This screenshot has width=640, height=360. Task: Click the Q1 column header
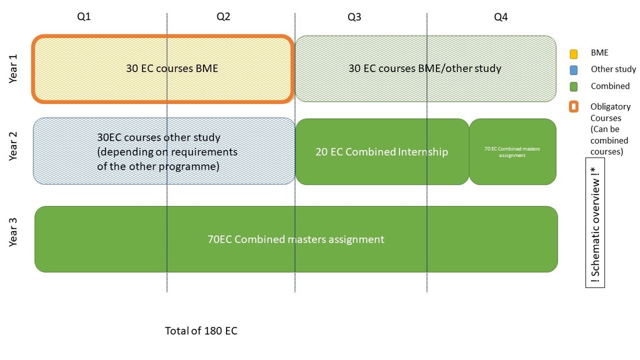pos(84,16)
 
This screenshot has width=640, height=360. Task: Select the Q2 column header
pos(223,16)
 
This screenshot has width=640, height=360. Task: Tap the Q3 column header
pos(354,17)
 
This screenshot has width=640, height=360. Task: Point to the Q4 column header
pos(501,17)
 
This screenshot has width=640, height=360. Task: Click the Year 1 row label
pos(13,69)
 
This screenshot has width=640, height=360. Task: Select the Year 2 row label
pos(13,146)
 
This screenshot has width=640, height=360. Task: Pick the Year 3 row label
pos(13,232)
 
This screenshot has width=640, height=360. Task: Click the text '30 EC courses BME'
pos(172,68)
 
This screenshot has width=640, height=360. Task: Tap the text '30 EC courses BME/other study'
pos(424,68)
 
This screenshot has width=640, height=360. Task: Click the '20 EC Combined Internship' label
pos(382,152)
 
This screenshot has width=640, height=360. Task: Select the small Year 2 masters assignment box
pos(513,152)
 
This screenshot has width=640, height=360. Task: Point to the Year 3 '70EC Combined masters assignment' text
pos(296,239)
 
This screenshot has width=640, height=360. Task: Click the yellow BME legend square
pos(574,54)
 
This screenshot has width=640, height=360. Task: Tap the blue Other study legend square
pos(574,70)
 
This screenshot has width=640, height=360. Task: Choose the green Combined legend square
pos(574,87)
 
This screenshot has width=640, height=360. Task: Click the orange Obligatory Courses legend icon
pos(574,107)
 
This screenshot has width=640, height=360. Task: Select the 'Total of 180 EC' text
pos(201,331)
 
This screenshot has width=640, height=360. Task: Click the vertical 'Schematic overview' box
pos(595,223)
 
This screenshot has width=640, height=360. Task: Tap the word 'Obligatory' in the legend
pos(610,107)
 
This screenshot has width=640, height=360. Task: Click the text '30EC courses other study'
pos(159,137)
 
